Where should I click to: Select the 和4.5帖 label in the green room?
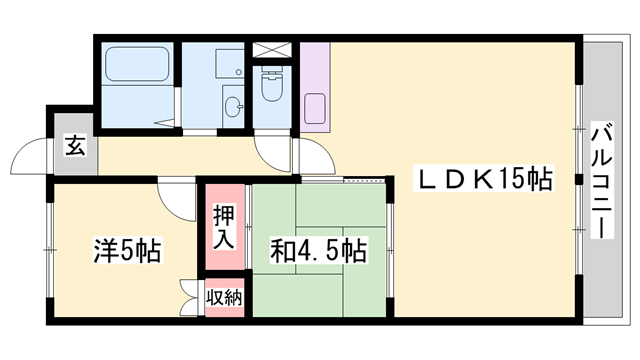319,250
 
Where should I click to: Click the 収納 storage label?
224,297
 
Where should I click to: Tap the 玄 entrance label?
74,146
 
